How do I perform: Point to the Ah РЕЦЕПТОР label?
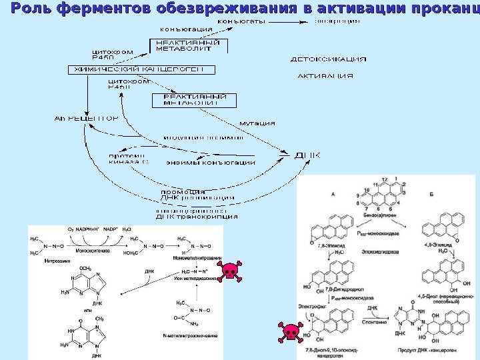[x=85, y=119]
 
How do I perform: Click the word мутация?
[x=257, y=123]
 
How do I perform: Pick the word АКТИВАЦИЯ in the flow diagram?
[x=325, y=75]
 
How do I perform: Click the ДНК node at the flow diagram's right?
[x=307, y=156]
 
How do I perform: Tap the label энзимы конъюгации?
[x=210, y=163]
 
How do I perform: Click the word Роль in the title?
[x=31, y=9]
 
